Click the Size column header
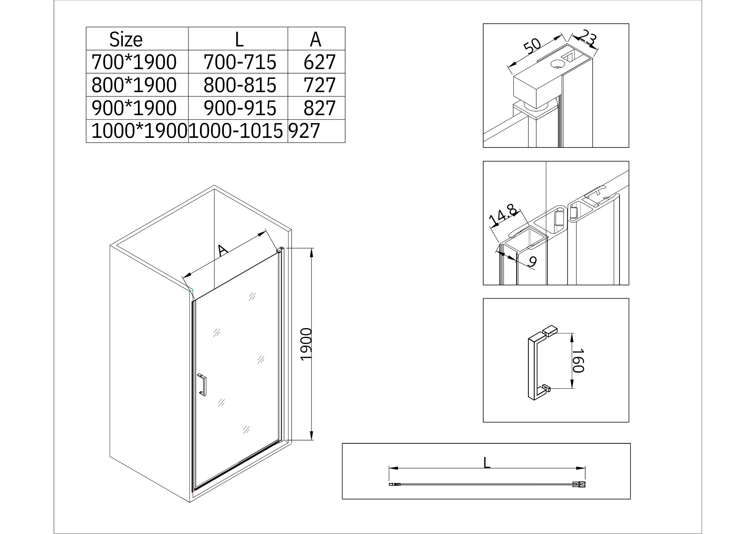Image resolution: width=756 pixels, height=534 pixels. click(126, 40)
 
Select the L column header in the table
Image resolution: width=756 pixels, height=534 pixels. click(239, 40)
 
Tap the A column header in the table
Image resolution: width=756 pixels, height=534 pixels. click(316, 40)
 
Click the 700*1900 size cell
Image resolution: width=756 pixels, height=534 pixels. click(134, 62)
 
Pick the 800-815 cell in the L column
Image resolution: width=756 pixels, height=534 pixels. click(240, 85)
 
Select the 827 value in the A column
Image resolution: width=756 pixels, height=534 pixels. click(319, 108)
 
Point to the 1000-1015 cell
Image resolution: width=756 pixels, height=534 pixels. click(236, 131)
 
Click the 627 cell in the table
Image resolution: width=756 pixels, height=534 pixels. click(319, 62)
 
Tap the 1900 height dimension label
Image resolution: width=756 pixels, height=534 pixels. click(306, 344)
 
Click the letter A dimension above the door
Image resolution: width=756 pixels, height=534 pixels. click(223, 250)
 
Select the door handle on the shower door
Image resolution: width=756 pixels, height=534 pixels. click(202, 385)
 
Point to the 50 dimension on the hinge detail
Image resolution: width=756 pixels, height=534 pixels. click(533, 46)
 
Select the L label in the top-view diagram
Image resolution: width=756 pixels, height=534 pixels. click(487, 463)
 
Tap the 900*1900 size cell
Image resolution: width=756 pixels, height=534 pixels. click(134, 108)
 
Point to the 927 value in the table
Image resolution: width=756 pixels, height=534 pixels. click(305, 131)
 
